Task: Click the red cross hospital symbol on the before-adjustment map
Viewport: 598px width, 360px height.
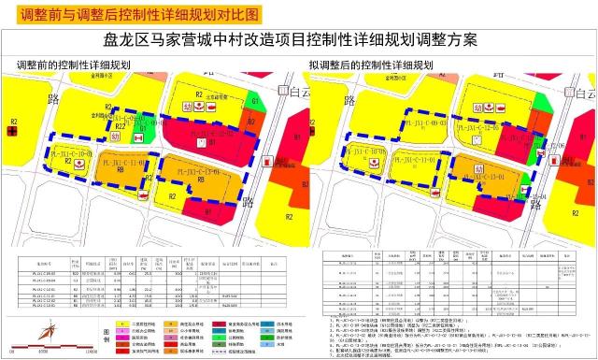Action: point(11,134)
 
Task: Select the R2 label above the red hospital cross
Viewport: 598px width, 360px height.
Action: point(12,122)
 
